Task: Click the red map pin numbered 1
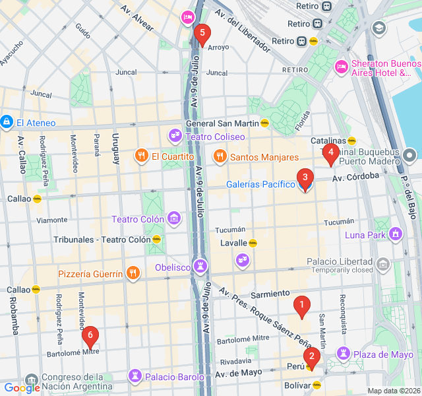coord(302,306)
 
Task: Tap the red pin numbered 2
coord(311,357)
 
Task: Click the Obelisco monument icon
coord(200,267)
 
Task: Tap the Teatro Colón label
coord(137,219)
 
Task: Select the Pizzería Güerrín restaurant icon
coord(133,273)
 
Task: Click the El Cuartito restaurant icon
coord(141,156)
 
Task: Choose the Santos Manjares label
coord(264,157)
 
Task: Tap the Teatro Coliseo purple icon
coord(175,137)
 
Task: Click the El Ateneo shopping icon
coord(7,122)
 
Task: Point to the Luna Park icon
coord(396,234)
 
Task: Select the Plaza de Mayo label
coord(383,354)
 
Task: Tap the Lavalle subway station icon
coord(253,243)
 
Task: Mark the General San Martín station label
coord(222,123)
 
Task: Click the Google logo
coord(22,388)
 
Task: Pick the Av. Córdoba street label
coord(355,177)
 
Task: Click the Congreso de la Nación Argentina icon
coord(31,379)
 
